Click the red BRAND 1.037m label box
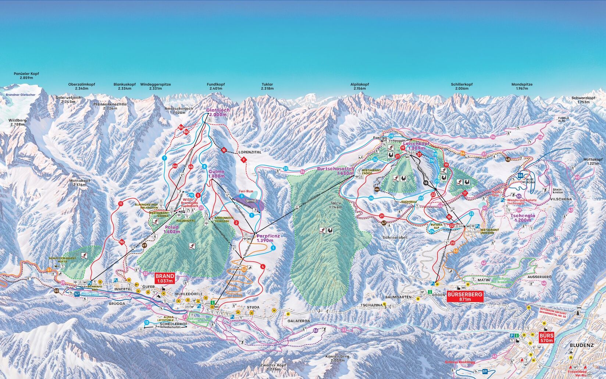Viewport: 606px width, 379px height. (x=164, y=278)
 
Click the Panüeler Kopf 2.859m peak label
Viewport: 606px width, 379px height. (x=26, y=76)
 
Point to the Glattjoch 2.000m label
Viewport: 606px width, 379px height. (x=218, y=112)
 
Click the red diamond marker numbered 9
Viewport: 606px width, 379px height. (x=243, y=160)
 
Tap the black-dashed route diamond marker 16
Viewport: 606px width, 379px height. (x=223, y=150)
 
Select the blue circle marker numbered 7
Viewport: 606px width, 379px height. (x=164, y=158)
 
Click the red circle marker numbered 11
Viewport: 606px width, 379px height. (x=120, y=204)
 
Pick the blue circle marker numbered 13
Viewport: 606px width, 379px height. (x=147, y=322)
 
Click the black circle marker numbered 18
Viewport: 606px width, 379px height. (x=426, y=183)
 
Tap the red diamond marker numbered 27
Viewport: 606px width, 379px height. (x=419, y=154)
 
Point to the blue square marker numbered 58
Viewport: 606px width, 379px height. (x=520, y=176)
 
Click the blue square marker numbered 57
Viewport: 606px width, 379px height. (x=77, y=294)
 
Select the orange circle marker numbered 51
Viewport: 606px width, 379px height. (x=49, y=270)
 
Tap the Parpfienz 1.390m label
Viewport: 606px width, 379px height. (x=268, y=238)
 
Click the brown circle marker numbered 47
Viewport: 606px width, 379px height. (x=384, y=222)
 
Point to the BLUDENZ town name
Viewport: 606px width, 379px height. (x=581, y=346)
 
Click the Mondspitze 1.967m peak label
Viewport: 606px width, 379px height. (x=522, y=86)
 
